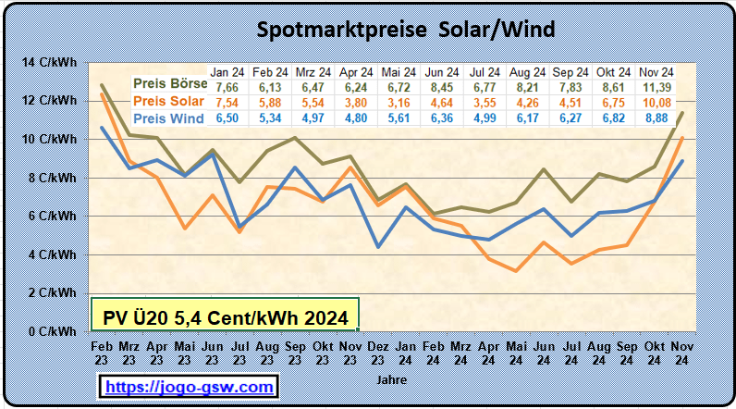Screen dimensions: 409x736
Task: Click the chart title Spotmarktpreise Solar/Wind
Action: pos(406,30)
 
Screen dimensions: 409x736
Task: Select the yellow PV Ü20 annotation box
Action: pos(225,317)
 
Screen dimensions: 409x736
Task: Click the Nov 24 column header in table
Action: pos(656,71)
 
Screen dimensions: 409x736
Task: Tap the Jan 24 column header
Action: pos(227,71)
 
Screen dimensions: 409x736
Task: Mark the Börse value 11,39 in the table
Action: pos(656,86)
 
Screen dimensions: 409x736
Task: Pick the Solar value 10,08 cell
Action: pos(656,102)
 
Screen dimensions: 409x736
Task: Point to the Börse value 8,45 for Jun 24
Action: pos(441,86)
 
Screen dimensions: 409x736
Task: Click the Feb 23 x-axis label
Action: pos(102,352)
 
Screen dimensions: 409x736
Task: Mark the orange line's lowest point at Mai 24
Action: pos(518,270)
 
